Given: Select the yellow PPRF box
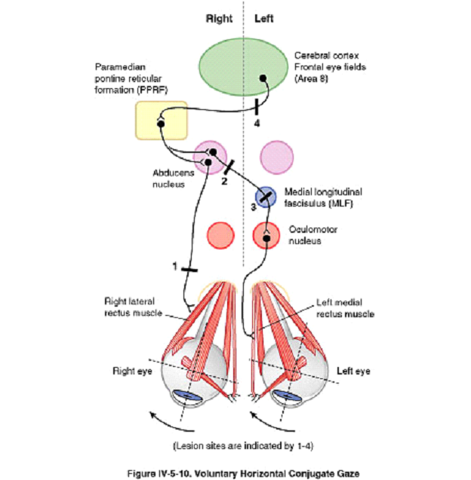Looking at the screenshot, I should [160, 120].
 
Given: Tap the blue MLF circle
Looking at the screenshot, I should [266, 197].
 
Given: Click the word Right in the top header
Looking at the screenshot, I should [219, 19].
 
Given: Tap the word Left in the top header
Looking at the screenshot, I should [264, 19].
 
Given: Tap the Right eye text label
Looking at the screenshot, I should [129, 371].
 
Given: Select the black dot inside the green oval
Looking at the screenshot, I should [263, 78].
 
